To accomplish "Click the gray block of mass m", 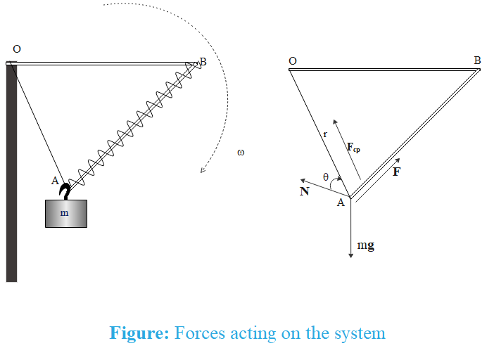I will pos(66,213).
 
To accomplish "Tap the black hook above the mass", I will pos(65,190).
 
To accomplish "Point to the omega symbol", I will pos(241,152).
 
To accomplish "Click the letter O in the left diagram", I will pos(17,49).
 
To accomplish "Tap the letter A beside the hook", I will pos(55,181).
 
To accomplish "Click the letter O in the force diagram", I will pos(293,61).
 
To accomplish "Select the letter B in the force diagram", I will pos(477,60).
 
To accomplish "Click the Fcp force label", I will pos(353,148).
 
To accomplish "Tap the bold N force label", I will pos(304,191).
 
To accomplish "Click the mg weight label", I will pos(365,247).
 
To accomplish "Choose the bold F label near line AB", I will pos(396,171).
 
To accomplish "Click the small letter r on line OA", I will pos(324,134).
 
